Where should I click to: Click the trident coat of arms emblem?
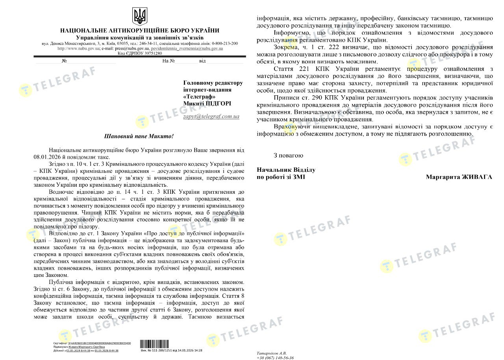pyautogui.click(x=139, y=17)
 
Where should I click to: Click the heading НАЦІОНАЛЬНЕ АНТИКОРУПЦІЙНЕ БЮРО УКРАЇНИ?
pyautogui.click(x=140, y=31)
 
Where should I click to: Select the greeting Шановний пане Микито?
pyautogui.click(x=138, y=136)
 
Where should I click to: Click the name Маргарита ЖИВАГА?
pyautogui.click(x=459, y=177)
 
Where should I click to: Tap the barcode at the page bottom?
pyautogui.click(x=151, y=343)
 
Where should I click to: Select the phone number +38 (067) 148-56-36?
pyautogui.click(x=275, y=358)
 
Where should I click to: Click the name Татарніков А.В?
pyautogui.click(x=272, y=353)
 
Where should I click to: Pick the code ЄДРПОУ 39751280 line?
pyautogui.click(x=140, y=53)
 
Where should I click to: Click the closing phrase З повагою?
pyautogui.click(x=288, y=156)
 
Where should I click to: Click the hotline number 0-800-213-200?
pyautogui.click(x=225, y=43)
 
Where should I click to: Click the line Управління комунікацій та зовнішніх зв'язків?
pyautogui.click(x=140, y=37)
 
